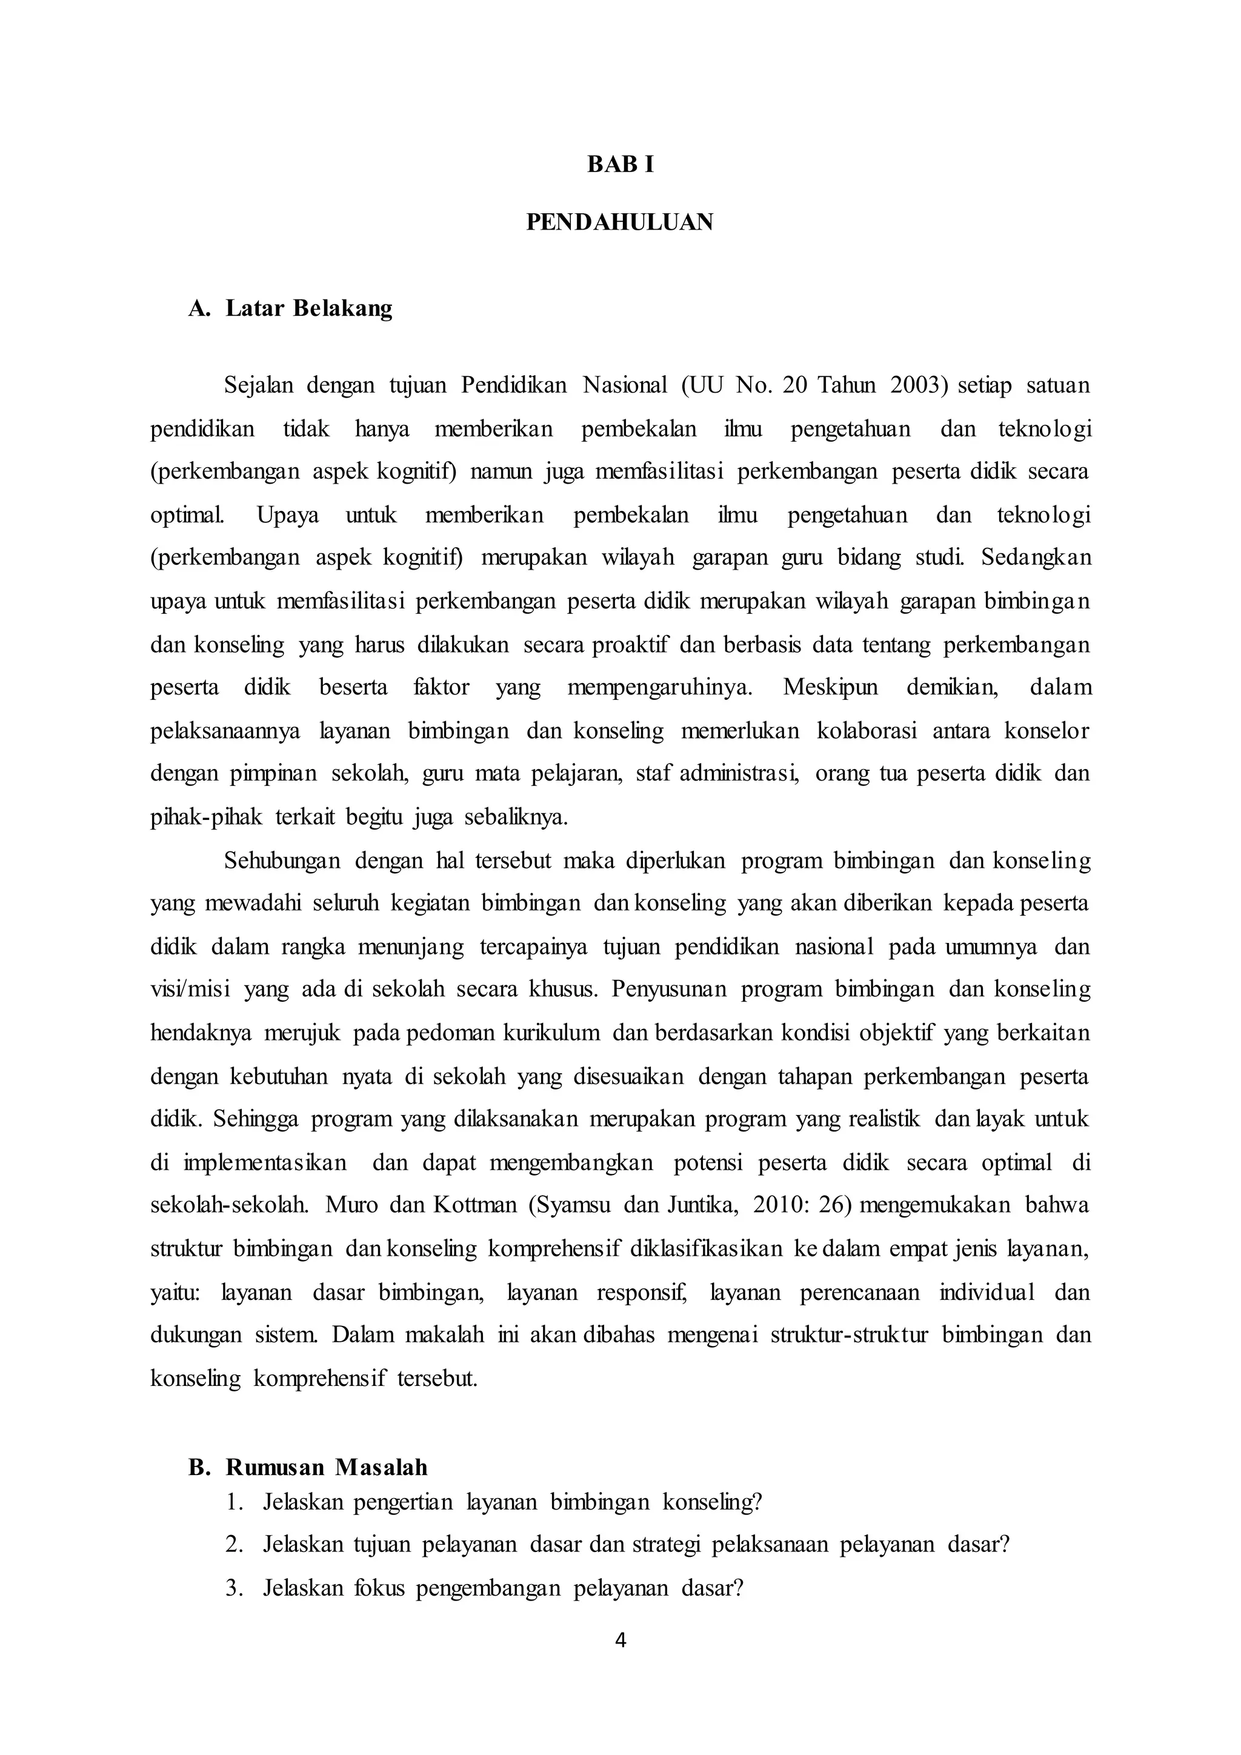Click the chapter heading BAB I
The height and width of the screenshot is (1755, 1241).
tap(620, 165)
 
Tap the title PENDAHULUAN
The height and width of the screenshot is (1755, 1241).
tap(620, 222)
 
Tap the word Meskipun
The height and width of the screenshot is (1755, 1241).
tap(830, 687)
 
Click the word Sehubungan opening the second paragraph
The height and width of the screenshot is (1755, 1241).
tap(282, 861)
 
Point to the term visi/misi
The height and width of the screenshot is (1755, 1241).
tap(190, 990)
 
